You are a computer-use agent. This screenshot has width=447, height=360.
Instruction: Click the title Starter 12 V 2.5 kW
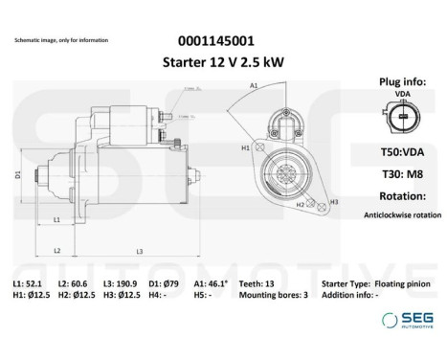[x=216, y=62]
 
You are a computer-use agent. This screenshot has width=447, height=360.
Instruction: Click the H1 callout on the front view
[x=245, y=147]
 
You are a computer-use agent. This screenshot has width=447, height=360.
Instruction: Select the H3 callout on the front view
[x=334, y=202]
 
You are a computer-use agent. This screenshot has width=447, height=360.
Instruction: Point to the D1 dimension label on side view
[x=18, y=174]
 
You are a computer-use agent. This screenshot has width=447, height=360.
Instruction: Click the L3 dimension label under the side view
[x=140, y=251]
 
